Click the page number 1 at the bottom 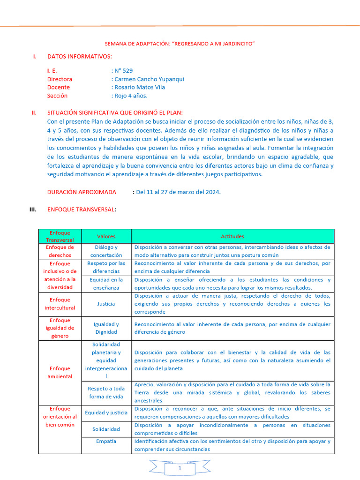tap(180, 468)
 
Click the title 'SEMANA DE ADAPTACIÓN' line tap(180, 44)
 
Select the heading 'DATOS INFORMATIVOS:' tap(79, 57)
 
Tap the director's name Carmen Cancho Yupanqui tap(149, 79)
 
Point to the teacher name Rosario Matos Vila tap(140, 87)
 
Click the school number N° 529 tap(123, 71)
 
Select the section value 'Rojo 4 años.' tap(131, 96)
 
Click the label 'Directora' tap(60, 79)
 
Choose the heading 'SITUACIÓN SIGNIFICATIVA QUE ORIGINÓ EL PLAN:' tap(115, 113)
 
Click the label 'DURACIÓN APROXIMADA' tap(82, 192)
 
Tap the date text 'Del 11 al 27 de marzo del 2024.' tap(178, 192)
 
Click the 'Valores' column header tap(106, 236)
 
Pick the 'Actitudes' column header tap(232, 236)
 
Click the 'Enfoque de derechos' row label tap(60, 251)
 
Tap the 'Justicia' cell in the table tap(106, 304)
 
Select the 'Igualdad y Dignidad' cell tap(106, 328)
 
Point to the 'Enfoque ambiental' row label tap(60, 372)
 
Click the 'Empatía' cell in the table tap(106, 441)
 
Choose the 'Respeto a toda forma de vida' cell tap(106, 392)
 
